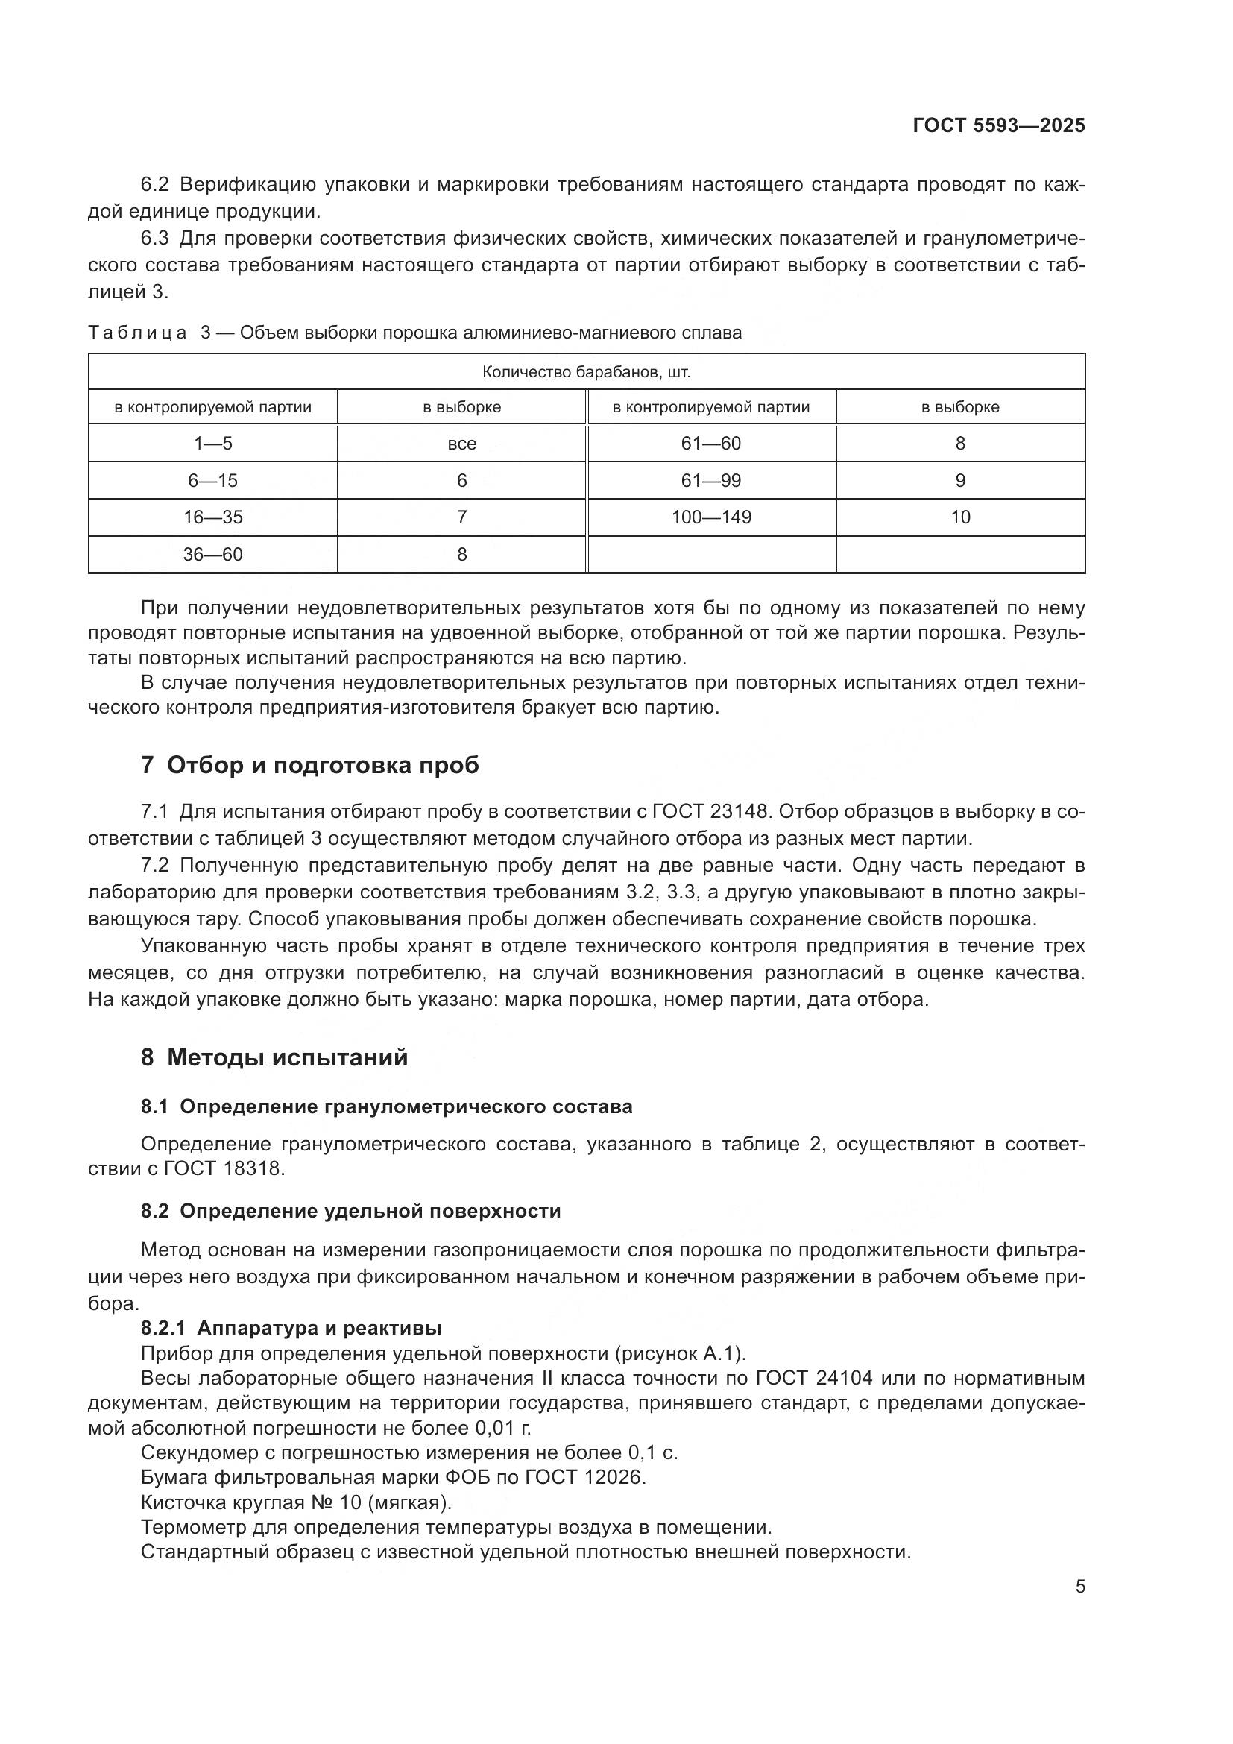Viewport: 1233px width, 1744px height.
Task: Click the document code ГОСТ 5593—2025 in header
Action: [x=998, y=126]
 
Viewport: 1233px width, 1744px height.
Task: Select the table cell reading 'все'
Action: [x=461, y=444]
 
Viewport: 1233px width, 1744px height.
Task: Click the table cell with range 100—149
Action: [x=710, y=517]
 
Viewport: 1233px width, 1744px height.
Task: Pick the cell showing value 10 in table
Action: [x=959, y=517]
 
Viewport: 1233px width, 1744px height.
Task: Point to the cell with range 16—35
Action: [x=212, y=517]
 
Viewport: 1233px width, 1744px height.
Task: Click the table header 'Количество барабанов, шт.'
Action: [x=586, y=372]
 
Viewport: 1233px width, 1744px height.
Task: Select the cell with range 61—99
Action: [x=710, y=481]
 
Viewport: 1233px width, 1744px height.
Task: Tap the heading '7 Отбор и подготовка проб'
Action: [x=310, y=765]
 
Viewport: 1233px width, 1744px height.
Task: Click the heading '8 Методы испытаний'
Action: [x=274, y=1057]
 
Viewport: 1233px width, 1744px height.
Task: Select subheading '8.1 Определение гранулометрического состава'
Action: [x=386, y=1106]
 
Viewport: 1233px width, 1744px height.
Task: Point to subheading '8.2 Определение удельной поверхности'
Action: [x=351, y=1211]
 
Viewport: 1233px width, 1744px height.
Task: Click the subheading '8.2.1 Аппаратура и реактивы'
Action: [x=291, y=1328]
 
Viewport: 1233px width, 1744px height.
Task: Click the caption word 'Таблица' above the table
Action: [x=137, y=333]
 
